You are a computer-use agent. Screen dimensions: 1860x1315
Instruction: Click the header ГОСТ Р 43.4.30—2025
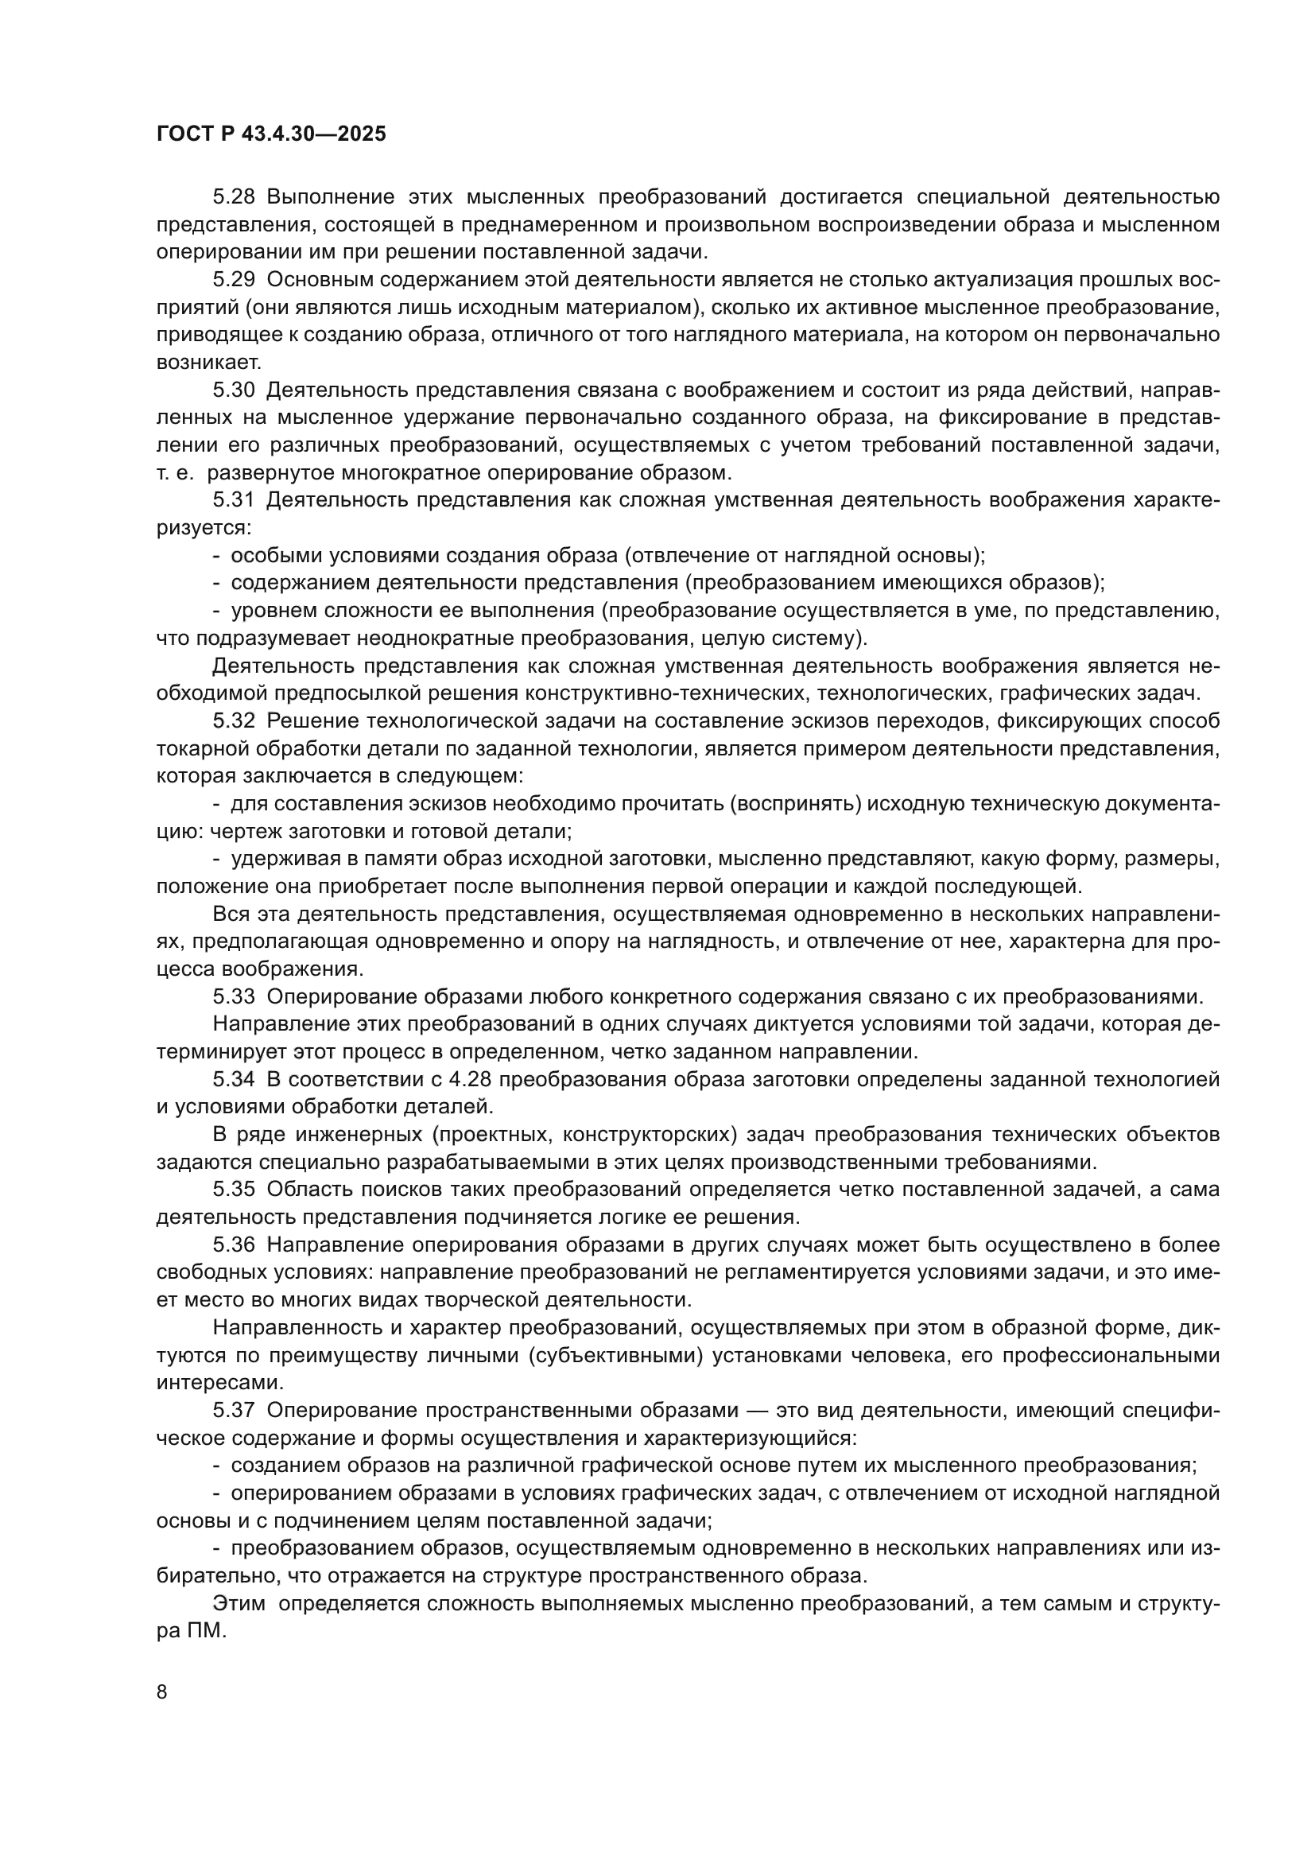coord(271,134)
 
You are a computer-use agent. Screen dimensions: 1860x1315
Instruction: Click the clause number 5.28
coord(234,197)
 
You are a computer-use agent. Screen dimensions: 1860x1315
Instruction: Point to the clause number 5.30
coord(234,390)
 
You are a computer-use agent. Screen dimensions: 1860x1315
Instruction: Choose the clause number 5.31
coord(234,500)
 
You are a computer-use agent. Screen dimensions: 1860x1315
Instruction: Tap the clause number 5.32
coord(234,721)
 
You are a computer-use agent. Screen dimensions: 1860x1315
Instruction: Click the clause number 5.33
coord(234,996)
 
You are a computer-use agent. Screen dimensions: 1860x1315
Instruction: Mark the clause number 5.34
coord(234,1079)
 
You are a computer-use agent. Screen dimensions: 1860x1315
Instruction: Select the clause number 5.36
coord(234,1245)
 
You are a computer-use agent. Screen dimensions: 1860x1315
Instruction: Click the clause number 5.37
coord(234,1411)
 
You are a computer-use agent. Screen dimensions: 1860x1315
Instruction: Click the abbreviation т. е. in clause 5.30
coord(174,472)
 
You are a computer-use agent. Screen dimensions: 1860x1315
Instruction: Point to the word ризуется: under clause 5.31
coord(204,527)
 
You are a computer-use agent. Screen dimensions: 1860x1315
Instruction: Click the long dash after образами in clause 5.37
coord(756,1411)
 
